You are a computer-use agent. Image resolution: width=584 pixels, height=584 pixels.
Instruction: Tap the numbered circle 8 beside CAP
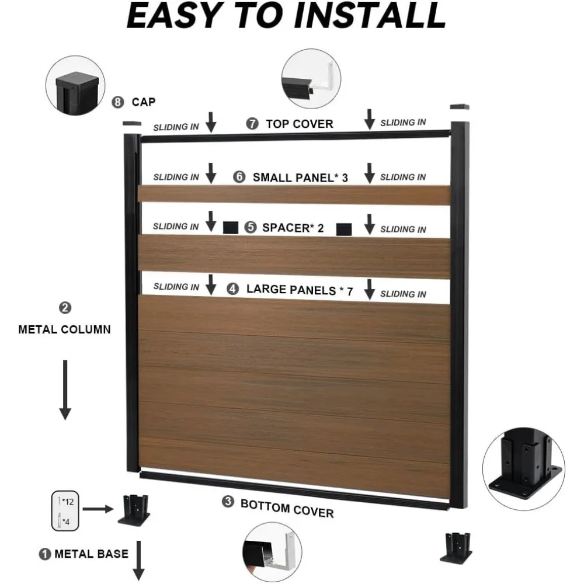click(x=118, y=102)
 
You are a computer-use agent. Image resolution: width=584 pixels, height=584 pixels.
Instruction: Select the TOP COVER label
click(x=300, y=124)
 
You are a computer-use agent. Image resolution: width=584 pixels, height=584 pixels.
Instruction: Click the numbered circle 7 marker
click(x=252, y=124)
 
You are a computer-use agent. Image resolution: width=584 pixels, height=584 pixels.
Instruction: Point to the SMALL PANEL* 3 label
click(x=300, y=178)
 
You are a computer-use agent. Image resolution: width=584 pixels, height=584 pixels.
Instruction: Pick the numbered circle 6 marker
click(x=239, y=176)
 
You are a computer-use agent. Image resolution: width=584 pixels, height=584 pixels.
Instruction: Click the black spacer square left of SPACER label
click(x=231, y=228)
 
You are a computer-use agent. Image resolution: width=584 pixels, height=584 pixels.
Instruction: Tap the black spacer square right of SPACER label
click(x=344, y=230)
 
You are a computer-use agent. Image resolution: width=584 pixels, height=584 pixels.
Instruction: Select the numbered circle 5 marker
click(x=251, y=227)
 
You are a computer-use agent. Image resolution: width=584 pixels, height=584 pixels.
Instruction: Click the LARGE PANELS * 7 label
click(x=300, y=290)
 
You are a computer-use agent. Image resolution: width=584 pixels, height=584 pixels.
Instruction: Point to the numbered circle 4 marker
click(x=233, y=288)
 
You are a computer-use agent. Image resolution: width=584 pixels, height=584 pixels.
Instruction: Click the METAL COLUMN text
click(x=64, y=329)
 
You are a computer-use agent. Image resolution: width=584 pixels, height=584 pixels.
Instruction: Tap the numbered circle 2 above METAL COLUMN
click(x=65, y=308)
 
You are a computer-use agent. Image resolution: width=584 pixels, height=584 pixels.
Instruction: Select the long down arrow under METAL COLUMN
click(x=65, y=390)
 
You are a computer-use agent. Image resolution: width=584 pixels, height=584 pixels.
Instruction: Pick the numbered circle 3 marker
click(x=228, y=502)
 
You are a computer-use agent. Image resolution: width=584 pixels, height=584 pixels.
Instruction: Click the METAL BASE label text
click(x=91, y=554)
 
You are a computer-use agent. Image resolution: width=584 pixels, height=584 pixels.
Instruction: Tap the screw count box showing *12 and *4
click(x=65, y=510)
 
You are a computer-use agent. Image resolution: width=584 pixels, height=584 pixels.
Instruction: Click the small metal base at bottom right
click(x=456, y=548)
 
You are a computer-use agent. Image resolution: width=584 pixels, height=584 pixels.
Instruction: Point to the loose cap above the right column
click(x=460, y=107)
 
